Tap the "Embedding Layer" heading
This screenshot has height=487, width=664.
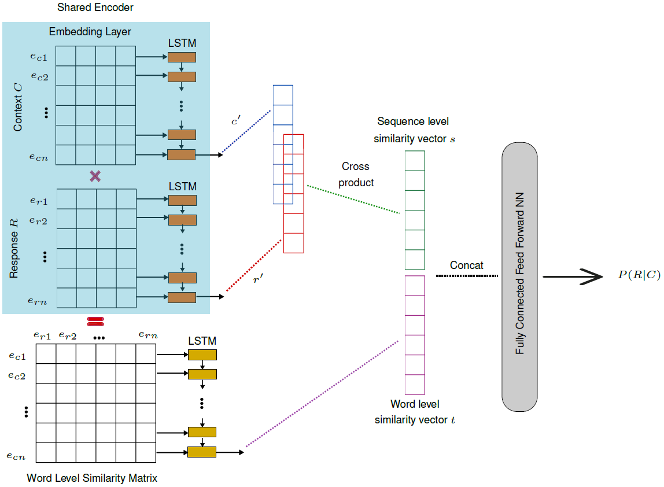(98, 31)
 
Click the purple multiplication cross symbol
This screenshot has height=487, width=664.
(95, 176)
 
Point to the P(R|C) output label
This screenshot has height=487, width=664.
(639, 275)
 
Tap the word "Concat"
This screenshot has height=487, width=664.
(467, 265)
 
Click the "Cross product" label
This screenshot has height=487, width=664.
(356, 174)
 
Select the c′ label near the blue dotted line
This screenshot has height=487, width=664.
(236, 121)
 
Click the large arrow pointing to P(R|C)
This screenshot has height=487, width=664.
(573, 276)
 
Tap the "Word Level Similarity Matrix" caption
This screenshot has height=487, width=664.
(92, 478)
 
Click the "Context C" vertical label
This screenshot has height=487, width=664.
(18, 106)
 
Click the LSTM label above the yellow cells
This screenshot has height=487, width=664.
(202, 341)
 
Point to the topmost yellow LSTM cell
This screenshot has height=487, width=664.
(202, 355)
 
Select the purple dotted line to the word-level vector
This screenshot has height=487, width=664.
(322, 394)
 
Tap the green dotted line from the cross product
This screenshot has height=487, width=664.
(353, 199)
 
